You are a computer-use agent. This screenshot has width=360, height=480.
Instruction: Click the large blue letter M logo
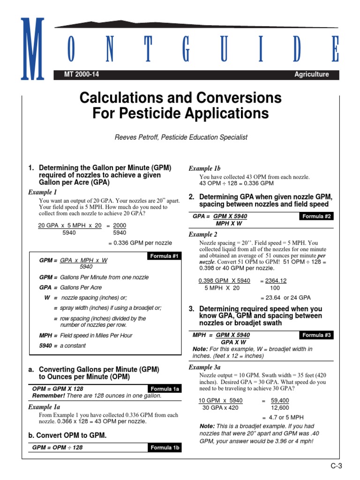(32, 49)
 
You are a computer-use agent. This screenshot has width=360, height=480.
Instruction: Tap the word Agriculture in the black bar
(311, 75)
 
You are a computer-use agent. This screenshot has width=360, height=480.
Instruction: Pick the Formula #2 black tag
(316, 217)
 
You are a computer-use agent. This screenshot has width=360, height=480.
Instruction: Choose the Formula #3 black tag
(316, 335)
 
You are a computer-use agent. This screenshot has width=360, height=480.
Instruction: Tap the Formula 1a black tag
(164, 389)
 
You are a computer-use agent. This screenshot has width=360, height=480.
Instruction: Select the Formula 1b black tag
(164, 448)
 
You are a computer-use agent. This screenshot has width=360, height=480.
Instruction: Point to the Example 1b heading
(204, 168)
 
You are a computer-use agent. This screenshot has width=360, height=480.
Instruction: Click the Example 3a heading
(204, 367)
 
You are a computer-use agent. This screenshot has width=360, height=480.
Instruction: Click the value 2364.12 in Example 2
(276, 281)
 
